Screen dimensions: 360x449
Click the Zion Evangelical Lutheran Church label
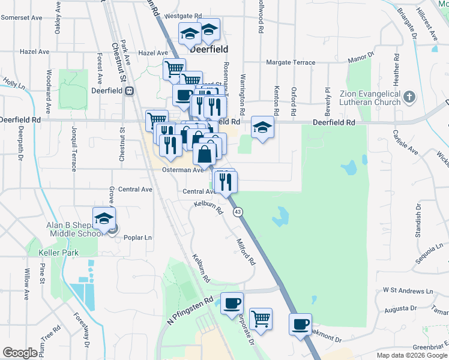370,98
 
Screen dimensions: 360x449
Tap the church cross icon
409,97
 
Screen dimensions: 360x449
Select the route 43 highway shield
238,212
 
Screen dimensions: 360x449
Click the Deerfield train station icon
128,91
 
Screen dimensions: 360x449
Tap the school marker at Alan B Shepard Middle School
104,219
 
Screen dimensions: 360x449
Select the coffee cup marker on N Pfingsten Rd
232,303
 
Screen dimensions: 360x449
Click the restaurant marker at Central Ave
226,181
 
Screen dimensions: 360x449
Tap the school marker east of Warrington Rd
262,127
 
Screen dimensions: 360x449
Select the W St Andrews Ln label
408,291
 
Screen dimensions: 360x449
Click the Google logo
20,353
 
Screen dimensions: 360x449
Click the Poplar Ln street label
137,238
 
